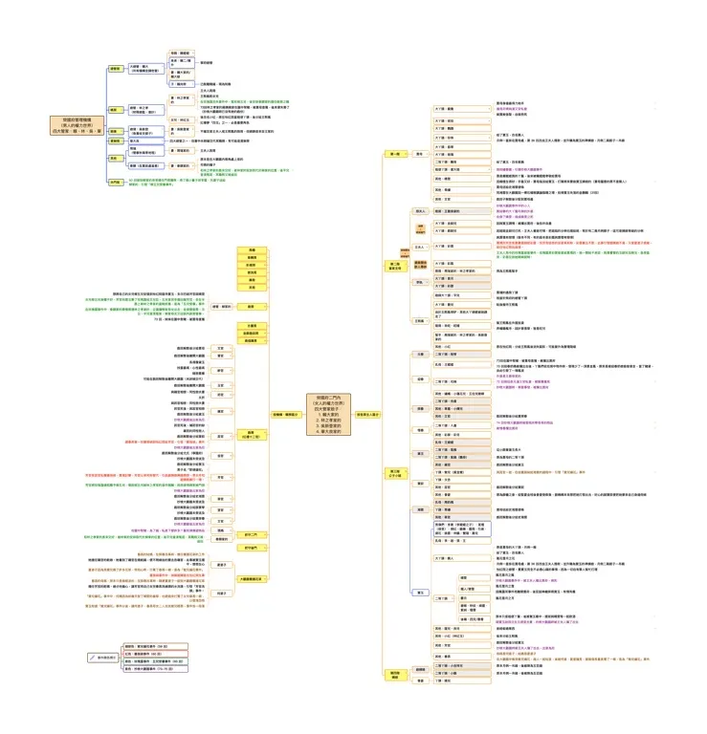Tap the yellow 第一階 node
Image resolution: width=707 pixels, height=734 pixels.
pos(394,153)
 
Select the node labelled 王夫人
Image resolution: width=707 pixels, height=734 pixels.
pos(419,247)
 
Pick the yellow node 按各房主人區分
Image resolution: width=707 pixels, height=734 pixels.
pos(368,414)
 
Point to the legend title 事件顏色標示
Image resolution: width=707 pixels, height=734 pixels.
pos(107,658)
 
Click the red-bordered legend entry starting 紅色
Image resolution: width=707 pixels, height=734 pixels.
pos(154,653)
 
